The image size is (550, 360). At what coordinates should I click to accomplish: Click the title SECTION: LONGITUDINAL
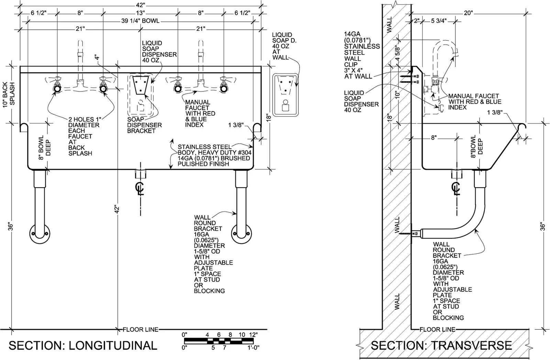click(83, 346)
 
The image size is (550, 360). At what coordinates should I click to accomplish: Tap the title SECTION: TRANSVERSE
click(441, 346)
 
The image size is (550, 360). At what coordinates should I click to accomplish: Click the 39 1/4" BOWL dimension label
click(140, 21)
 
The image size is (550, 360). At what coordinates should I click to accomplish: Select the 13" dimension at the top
click(140, 13)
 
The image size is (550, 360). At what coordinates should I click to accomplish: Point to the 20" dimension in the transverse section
click(468, 13)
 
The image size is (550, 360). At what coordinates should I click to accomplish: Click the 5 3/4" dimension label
click(439, 21)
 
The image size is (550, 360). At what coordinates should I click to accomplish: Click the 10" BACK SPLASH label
click(9, 93)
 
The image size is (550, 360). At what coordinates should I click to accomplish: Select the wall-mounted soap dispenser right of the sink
click(286, 95)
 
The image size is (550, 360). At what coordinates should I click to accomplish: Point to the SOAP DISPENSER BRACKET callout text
click(144, 125)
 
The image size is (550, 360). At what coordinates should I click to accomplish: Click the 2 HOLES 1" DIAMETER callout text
click(84, 136)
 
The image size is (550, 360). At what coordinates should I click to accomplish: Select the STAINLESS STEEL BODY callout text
click(214, 155)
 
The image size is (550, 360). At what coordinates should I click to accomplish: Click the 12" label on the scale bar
click(253, 335)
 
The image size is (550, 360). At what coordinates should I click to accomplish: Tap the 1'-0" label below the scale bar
click(253, 348)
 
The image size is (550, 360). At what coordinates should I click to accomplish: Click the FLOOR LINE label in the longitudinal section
click(141, 329)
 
